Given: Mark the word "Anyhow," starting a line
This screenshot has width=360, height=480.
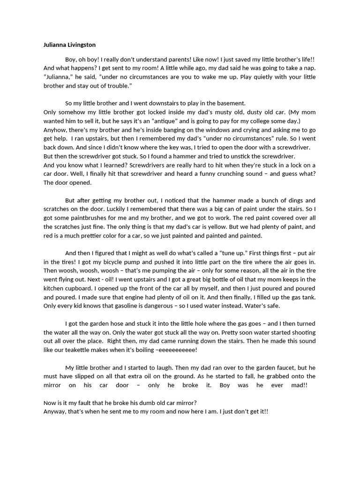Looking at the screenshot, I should [x=55, y=129].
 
